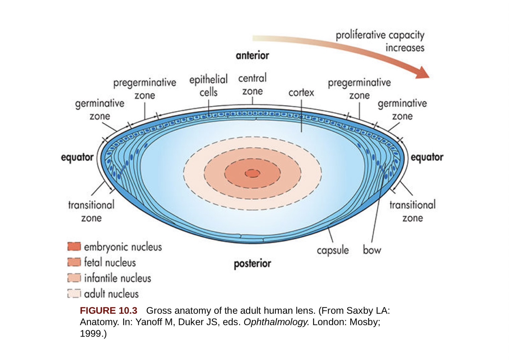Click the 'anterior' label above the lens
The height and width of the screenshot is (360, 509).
click(252, 56)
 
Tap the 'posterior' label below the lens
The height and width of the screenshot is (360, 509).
click(252, 264)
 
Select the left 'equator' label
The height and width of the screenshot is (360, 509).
click(77, 157)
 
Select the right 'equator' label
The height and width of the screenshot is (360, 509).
click(427, 157)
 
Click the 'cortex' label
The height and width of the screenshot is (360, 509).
click(301, 93)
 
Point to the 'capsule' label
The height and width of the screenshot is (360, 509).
click(333, 250)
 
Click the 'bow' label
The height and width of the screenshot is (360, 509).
click(372, 250)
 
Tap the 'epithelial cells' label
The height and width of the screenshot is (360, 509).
click(208, 86)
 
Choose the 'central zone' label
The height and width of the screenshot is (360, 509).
click(252, 84)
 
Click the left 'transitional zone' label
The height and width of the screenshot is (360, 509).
click(91, 211)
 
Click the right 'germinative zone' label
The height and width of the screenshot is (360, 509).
click(402, 109)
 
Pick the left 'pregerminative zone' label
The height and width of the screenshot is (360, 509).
click(145, 89)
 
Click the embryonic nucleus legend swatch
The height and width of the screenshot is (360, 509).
click(74, 247)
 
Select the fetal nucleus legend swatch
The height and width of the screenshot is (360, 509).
click(74, 262)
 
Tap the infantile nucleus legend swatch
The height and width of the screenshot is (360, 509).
click(74, 278)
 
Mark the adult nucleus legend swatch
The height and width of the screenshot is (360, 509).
click(74, 293)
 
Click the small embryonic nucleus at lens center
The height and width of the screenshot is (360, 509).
click(252, 173)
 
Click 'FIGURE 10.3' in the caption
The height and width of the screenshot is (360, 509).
click(108, 310)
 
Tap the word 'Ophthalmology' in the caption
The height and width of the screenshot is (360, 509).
click(276, 322)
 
